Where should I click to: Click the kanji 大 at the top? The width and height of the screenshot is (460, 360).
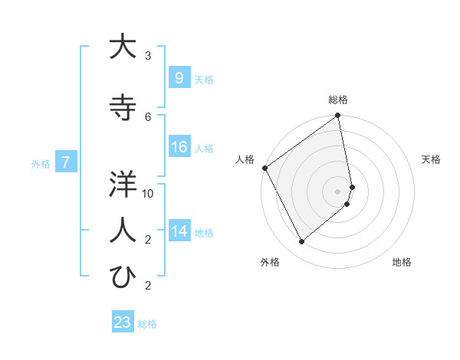[123, 47]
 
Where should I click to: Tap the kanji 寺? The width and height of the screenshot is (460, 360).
[123, 108]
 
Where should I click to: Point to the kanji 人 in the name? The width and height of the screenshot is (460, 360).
[123, 231]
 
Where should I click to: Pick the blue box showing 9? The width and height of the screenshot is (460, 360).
[179, 77]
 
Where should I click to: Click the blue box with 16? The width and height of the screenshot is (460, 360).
[179, 147]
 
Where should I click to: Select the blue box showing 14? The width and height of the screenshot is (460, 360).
[179, 231]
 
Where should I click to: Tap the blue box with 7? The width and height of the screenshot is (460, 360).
[66, 162]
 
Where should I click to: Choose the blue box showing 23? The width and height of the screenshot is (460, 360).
[122, 322]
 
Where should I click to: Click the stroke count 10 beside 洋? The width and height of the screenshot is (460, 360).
[148, 193]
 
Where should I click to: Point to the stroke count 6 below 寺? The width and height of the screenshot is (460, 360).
[148, 116]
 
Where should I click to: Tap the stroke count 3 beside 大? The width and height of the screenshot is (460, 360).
[148, 55]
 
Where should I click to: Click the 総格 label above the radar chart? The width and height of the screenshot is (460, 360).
[338, 100]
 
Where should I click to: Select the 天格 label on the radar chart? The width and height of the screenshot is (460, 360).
[432, 159]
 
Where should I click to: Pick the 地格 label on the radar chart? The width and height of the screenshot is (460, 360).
[402, 262]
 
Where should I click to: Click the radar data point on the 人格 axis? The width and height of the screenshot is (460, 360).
[264, 168]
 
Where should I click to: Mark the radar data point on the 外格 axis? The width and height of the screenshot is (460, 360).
[301, 242]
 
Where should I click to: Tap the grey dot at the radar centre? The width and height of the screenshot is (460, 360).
[338, 191]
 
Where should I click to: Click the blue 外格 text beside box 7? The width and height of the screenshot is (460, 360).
[41, 163]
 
